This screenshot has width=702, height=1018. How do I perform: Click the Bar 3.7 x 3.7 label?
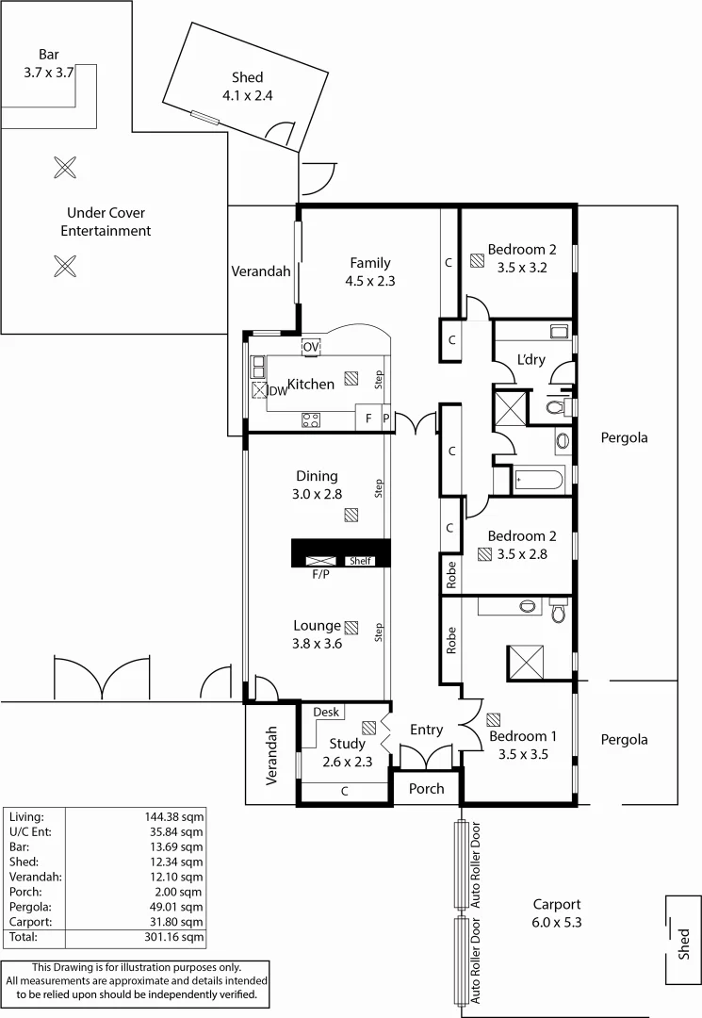[x=49, y=62]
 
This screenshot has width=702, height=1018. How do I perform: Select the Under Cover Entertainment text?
[x=106, y=222]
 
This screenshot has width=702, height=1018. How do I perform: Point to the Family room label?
[x=369, y=271]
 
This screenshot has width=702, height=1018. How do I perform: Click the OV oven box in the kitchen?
[x=311, y=347]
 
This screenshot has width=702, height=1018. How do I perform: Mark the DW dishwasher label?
[x=278, y=390]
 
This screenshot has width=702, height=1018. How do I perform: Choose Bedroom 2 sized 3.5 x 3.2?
[x=521, y=258]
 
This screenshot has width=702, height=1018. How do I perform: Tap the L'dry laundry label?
[x=531, y=359]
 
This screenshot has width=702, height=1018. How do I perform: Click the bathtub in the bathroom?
[x=538, y=481]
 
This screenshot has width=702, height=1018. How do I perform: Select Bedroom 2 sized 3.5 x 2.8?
[x=521, y=545]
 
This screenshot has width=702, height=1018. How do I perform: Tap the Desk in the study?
[x=325, y=713]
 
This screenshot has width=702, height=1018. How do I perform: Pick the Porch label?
[x=426, y=788]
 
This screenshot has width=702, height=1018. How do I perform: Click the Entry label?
[x=426, y=730]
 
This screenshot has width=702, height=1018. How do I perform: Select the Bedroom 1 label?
[x=522, y=745]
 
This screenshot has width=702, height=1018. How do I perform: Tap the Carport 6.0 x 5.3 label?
[x=557, y=912]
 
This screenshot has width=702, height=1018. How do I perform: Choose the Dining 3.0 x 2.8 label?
[x=317, y=484]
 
